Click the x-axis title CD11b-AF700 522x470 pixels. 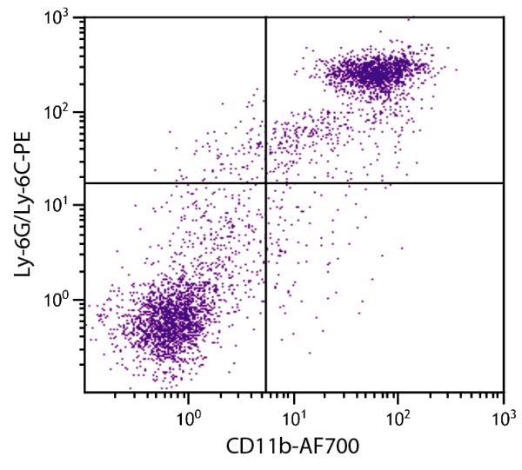tap(293, 446)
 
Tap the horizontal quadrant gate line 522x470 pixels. tap(391, 182)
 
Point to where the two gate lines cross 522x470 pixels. tap(265, 182)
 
